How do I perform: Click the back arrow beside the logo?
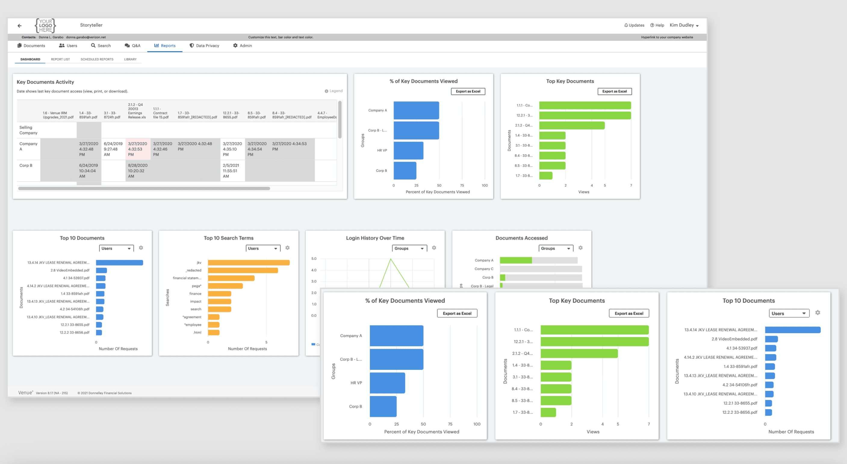point(19,25)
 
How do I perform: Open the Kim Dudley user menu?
point(684,25)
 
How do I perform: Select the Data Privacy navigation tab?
point(204,46)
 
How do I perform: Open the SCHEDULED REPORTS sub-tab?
point(97,60)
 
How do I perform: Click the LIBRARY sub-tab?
point(130,60)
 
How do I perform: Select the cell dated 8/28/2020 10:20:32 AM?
point(138,171)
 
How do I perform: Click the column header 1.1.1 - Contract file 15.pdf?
point(161,113)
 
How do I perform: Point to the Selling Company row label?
point(28,130)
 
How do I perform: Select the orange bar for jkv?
point(249,263)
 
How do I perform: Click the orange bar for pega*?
point(225,286)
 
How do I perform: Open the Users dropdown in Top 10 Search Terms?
point(263,249)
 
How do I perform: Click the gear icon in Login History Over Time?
point(434,248)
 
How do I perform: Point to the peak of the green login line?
point(391,259)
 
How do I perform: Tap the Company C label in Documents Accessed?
point(484,269)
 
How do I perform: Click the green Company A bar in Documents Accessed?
point(516,260)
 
